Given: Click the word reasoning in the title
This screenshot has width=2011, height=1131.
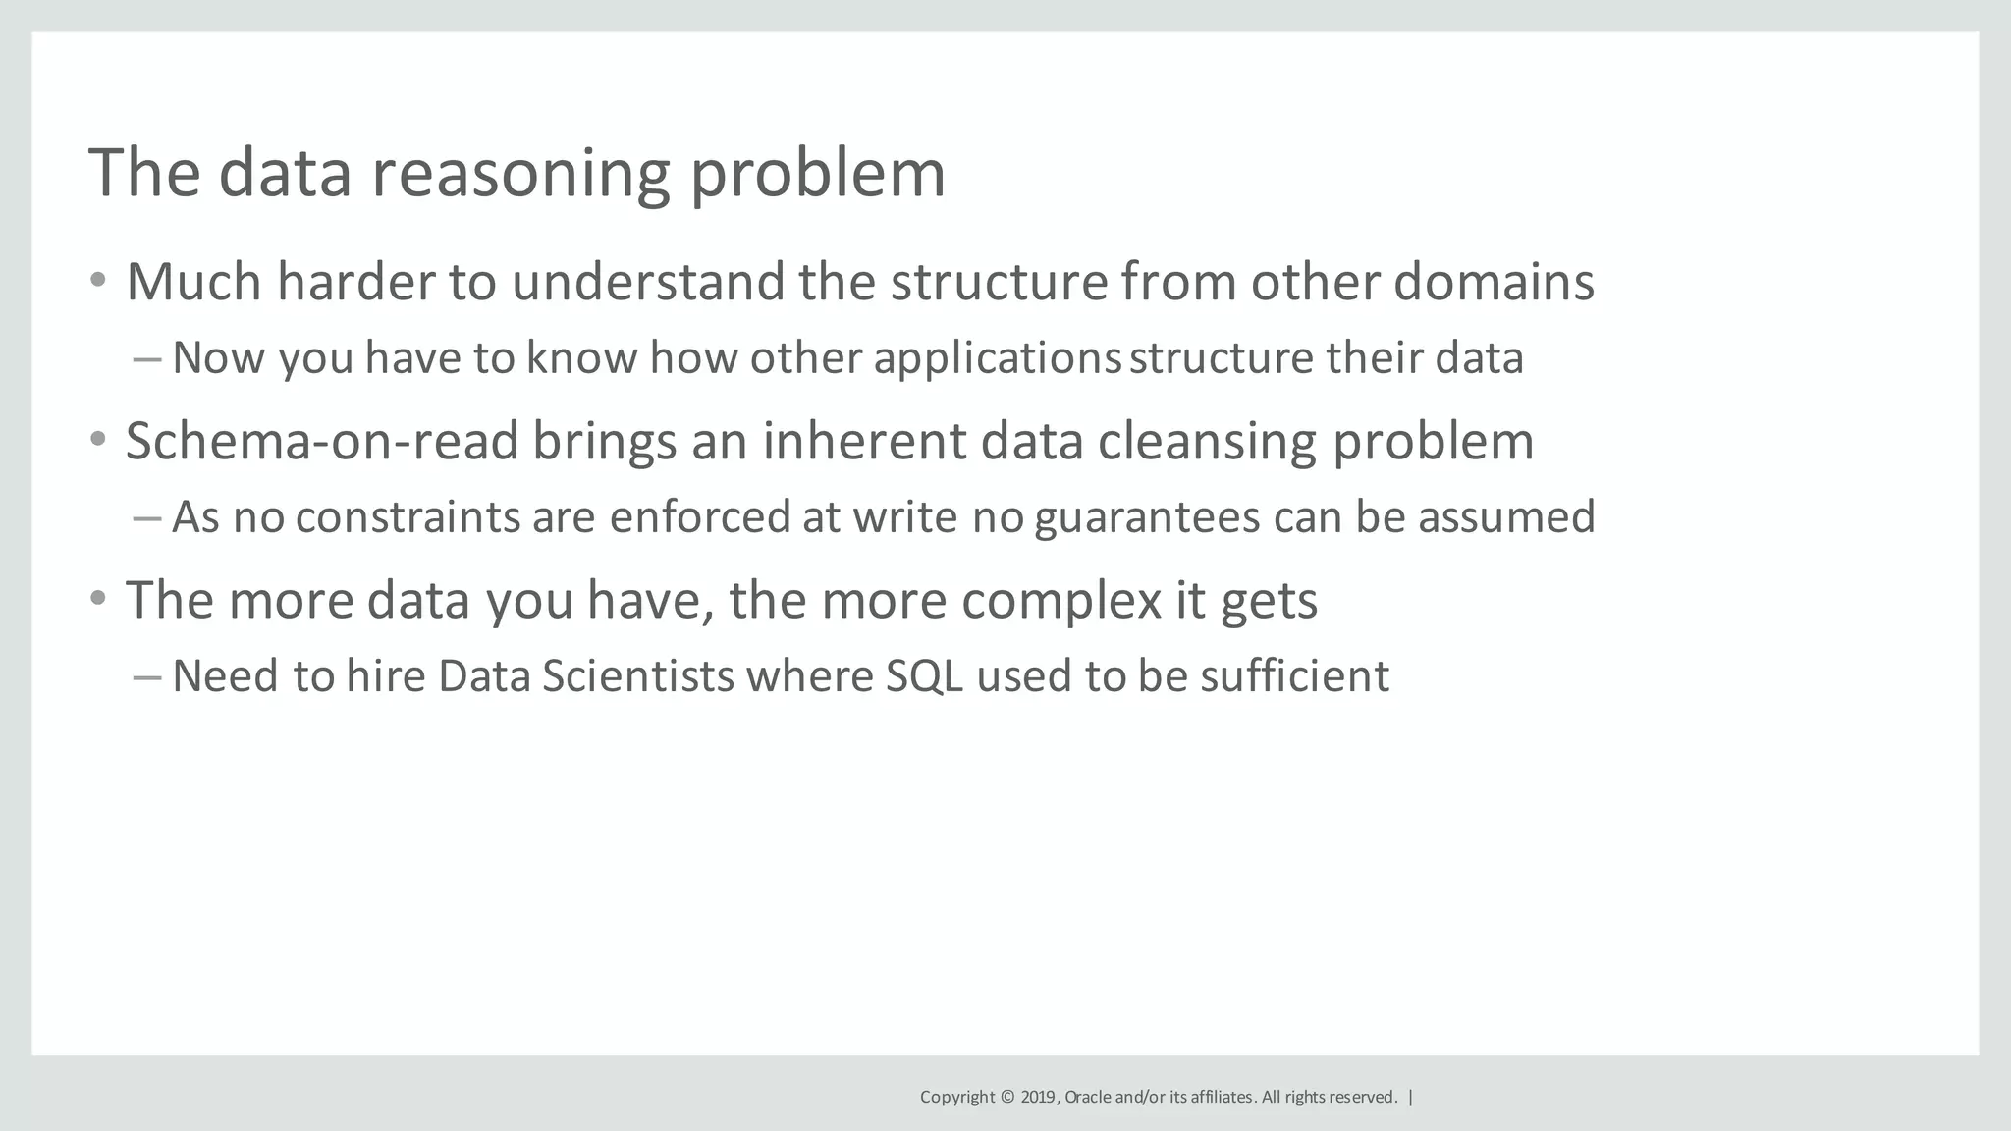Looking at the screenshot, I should coord(520,175).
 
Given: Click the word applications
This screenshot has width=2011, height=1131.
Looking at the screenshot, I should coord(997,358).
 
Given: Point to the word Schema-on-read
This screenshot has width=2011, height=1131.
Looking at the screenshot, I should coord(321,441).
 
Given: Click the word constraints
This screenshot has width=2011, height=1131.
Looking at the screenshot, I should coord(408,517).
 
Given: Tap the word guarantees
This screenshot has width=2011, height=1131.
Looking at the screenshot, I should coord(1147,517).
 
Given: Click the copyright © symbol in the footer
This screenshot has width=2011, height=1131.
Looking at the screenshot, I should coord(1007,1097).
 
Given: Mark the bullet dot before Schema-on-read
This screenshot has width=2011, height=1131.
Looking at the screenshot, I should coord(97,440).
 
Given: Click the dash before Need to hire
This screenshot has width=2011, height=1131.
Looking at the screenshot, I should coord(146,676).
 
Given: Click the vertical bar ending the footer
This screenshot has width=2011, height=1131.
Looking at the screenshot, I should coord(1411,1097).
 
